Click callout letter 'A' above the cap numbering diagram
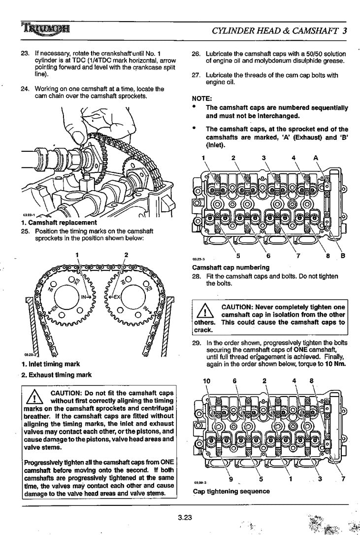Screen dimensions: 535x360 tap(316, 158)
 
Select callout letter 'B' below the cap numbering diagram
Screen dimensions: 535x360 tap(343, 256)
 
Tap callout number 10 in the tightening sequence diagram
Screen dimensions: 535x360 tap(206, 380)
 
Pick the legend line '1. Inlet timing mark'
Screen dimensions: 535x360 tap(50, 365)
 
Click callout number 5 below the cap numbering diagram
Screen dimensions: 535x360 tap(238, 256)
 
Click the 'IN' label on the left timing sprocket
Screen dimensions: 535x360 tap(85, 297)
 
